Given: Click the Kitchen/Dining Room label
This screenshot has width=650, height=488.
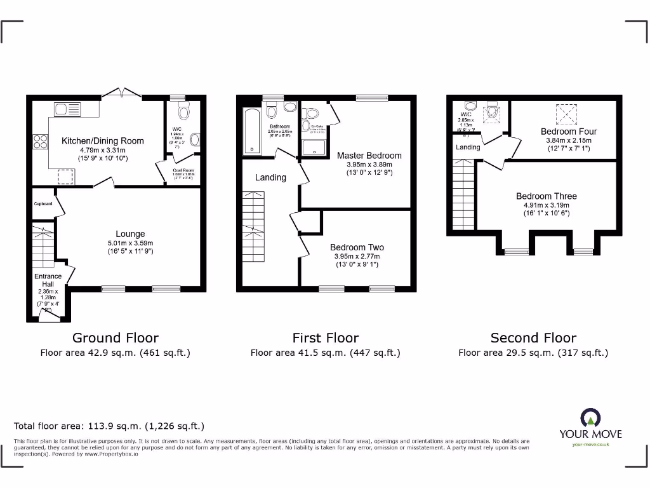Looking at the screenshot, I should click(x=102, y=140).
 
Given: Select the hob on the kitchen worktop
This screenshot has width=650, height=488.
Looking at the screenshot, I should click(x=39, y=142).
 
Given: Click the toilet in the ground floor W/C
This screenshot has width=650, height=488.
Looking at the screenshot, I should click(x=184, y=112).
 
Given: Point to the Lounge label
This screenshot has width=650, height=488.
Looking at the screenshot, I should click(x=130, y=234).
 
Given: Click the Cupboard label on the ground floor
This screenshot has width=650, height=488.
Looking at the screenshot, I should click(x=43, y=204).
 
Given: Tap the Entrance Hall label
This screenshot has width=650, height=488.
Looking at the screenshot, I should click(x=48, y=280).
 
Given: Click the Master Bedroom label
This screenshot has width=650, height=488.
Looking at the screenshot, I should click(x=369, y=156).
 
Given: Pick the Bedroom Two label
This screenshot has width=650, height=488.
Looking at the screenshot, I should click(x=357, y=247).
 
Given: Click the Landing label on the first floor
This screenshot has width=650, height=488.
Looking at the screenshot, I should click(x=270, y=177).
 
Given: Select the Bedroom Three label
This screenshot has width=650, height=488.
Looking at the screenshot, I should click(x=546, y=196).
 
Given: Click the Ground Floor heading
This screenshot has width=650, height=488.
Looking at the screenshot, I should click(x=115, y=338).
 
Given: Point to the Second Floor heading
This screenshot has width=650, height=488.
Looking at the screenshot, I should click(x=533, y=338).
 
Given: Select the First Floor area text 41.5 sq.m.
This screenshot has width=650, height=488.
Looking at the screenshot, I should click(x=325, y=353).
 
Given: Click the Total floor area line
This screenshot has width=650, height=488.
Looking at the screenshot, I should click(x=109, y=426).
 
